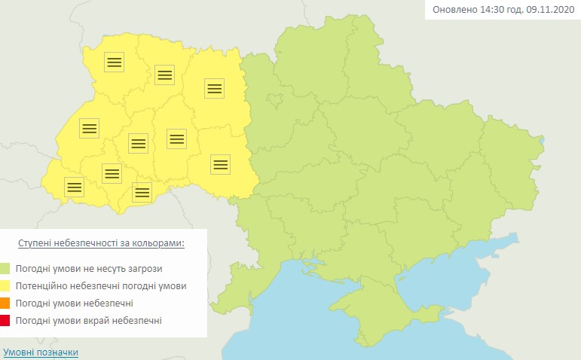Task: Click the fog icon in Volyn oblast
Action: pos(114,63)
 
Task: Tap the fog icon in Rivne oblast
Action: pos(164,74)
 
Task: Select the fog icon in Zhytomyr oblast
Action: pos(215,88)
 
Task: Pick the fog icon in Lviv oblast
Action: pos(89,128)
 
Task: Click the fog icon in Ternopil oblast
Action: pos(137,142)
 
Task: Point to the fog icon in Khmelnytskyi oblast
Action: pos(176,138)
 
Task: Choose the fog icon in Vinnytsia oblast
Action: pos(220,164)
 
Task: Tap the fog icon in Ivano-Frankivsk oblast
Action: pos(112,173)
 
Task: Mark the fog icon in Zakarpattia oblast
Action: pos(74,186)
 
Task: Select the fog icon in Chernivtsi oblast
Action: pos(141,192)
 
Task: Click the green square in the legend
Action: pos(6,268)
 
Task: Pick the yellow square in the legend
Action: pos(6,286)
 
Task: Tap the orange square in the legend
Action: pos(6,304)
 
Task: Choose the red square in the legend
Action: pos(6,322)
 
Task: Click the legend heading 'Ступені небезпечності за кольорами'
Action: pos(101,244)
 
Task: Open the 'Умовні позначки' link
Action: pos(41,352)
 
